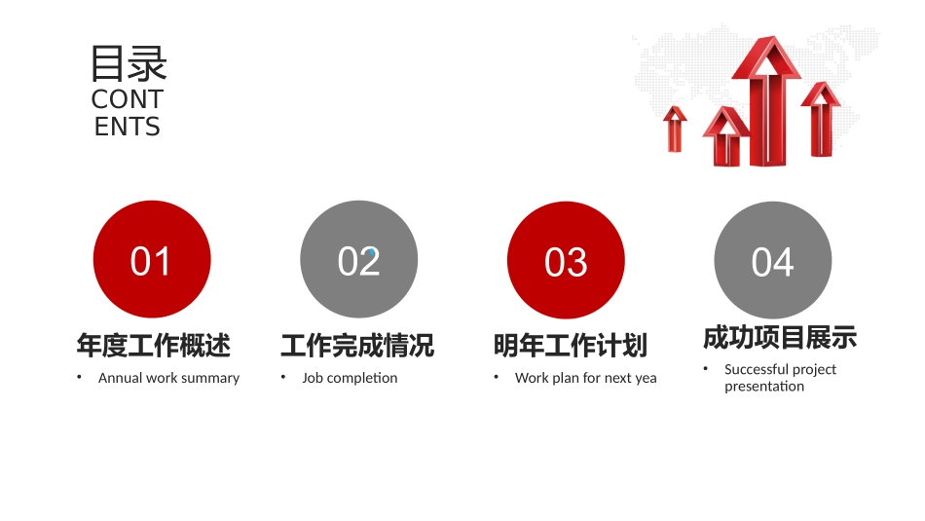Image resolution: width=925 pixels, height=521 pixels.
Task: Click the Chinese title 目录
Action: tap(128, 63)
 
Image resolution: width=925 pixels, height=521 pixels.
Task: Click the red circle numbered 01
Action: tap(151, 260)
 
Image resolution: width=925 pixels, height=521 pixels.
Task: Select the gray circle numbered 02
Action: tap(358, 260)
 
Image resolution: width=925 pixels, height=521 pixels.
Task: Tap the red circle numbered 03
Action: tap(566, 260)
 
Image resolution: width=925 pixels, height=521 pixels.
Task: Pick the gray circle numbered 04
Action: tap(772, 260)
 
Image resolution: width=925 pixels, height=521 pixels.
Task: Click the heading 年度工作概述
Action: tap(154, 346)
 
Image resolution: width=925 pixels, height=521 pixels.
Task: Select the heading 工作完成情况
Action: tap(357, 346)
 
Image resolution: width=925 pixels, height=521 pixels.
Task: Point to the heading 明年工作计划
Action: tap(571, 346)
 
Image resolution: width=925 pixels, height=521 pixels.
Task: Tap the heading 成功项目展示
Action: tap(780, 338)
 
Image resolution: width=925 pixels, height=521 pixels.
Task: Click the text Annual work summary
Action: tap(168, 378)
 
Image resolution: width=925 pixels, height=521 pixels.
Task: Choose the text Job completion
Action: tap(350, 378)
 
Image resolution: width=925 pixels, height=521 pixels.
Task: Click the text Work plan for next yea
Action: tap(585, 378)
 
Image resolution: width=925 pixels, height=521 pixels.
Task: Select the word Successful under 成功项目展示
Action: tap(755, 369)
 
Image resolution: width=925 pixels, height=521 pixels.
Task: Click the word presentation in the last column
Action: tap(764, 387)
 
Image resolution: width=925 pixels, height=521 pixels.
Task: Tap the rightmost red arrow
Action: tap(822, 119)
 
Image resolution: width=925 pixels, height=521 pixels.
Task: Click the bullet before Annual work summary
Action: tap(80, 377)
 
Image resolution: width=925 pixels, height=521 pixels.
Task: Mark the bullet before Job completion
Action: tap(283, 377)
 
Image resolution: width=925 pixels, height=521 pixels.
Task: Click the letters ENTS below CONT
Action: tap(128, 127)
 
